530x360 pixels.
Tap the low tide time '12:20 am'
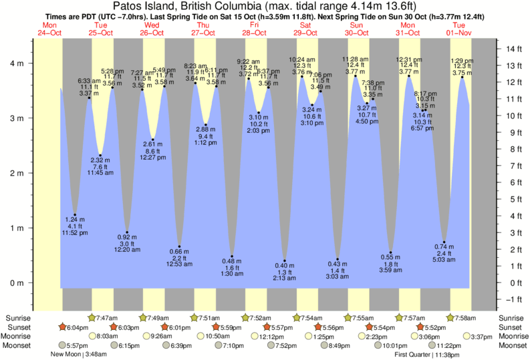click(x=127, y=250)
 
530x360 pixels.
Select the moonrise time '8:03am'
click(x=108, y=337)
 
